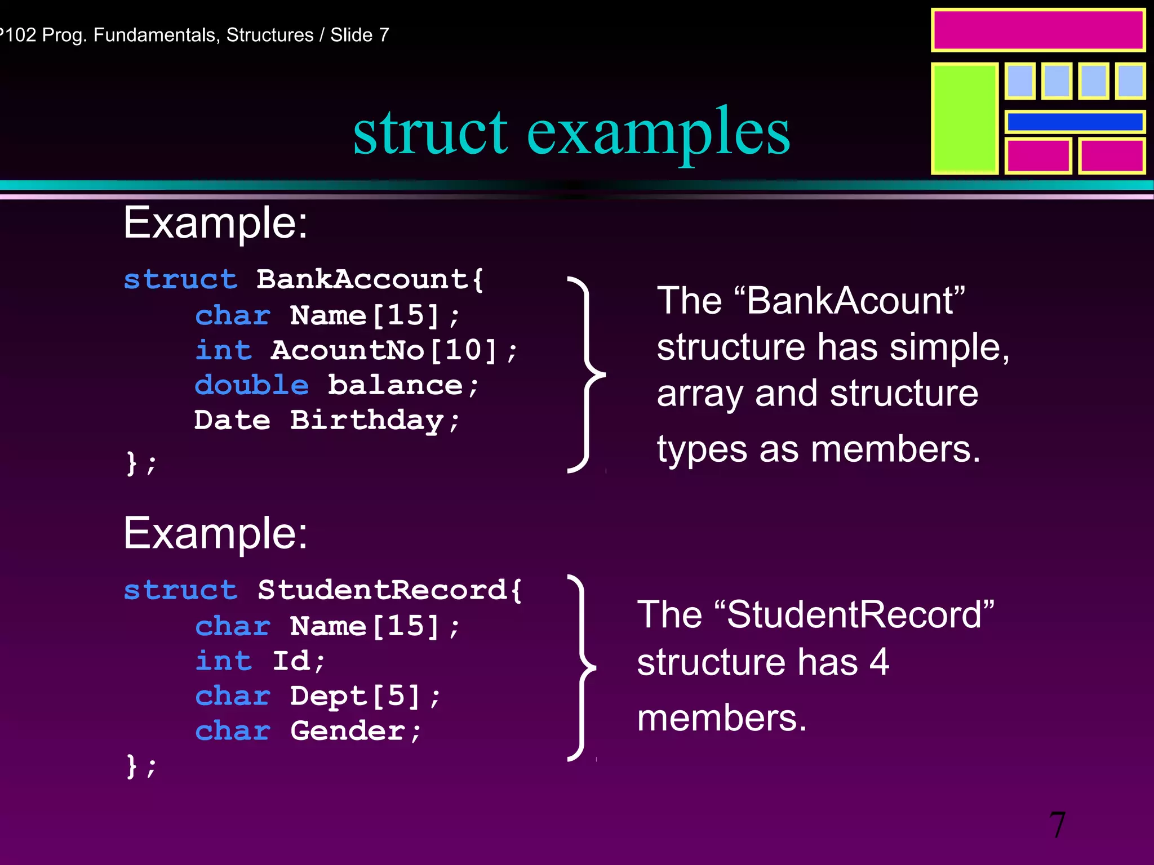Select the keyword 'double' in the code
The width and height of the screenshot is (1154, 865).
[x=251, y=386]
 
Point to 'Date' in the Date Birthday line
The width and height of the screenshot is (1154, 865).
[x=232, y=421]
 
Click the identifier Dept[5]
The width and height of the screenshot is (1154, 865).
[x=355, y=697]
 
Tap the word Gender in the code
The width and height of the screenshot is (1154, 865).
[x=348, y=732]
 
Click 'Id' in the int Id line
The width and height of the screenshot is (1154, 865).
[x=291, y=661]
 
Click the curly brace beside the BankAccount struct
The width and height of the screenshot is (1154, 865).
[x=586, y=374]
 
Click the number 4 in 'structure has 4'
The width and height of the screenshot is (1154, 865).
[x=879, y=662]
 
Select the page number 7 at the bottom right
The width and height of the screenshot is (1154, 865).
[x=1057, y=825]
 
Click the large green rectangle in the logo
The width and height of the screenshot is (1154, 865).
[x=964, y=118]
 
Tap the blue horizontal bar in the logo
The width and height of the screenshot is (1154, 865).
[x=1075, y=122]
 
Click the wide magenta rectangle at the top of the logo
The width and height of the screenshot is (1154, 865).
[x=1037, y=30]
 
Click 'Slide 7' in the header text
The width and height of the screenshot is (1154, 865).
[x=359, y=35]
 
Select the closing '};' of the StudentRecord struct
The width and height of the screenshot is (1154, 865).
[x=141, y=766]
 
